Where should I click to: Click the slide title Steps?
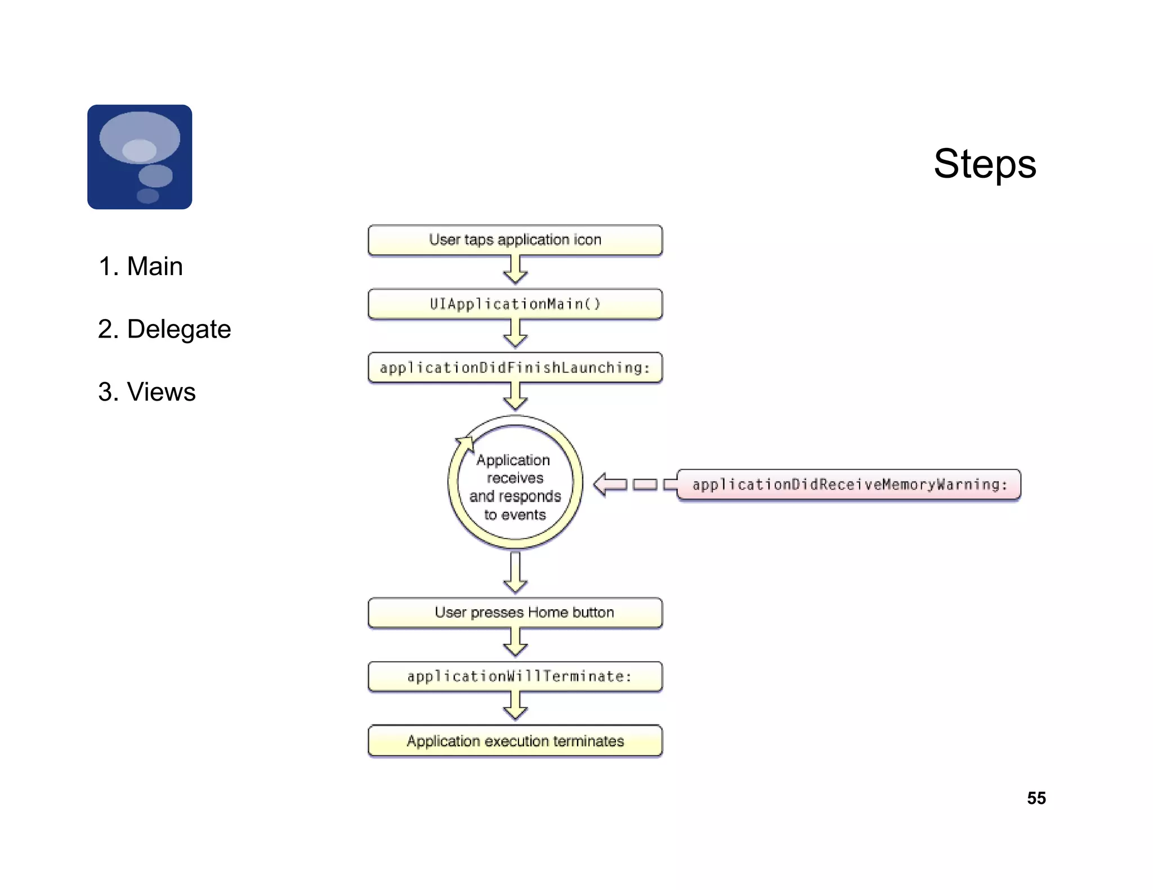984,164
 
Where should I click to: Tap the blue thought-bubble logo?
140,157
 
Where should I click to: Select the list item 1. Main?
140,266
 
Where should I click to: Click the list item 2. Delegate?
164,329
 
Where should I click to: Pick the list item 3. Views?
146,392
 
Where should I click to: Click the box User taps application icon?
515,240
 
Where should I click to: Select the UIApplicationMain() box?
515,304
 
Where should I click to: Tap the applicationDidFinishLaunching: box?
515,368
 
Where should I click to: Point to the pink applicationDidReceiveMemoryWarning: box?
848,484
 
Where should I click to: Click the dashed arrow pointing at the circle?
634,484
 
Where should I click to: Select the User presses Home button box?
515,613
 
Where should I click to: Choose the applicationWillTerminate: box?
515,676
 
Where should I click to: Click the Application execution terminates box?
515,741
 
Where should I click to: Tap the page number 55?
1036,798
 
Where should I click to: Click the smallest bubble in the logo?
148,196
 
